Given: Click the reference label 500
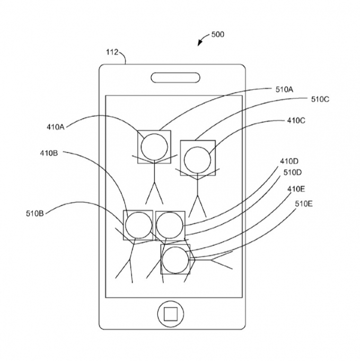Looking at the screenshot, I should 217,35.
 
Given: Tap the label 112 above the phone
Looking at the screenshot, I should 112,52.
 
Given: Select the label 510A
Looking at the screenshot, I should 284,90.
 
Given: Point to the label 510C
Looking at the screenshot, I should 320,99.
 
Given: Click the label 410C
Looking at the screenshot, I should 296,121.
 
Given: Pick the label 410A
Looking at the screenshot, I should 55,127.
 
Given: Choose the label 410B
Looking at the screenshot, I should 49,153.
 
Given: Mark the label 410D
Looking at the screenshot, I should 289,161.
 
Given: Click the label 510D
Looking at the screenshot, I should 292,172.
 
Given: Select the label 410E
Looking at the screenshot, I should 296,188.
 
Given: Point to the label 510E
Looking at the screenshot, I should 303,203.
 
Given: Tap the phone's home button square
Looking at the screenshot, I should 170,314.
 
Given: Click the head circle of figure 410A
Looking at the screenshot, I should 154,146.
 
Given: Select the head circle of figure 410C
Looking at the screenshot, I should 197,158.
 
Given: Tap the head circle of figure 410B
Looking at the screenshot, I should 137,225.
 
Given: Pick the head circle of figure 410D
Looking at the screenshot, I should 170,225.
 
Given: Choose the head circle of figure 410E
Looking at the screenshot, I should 175,260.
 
